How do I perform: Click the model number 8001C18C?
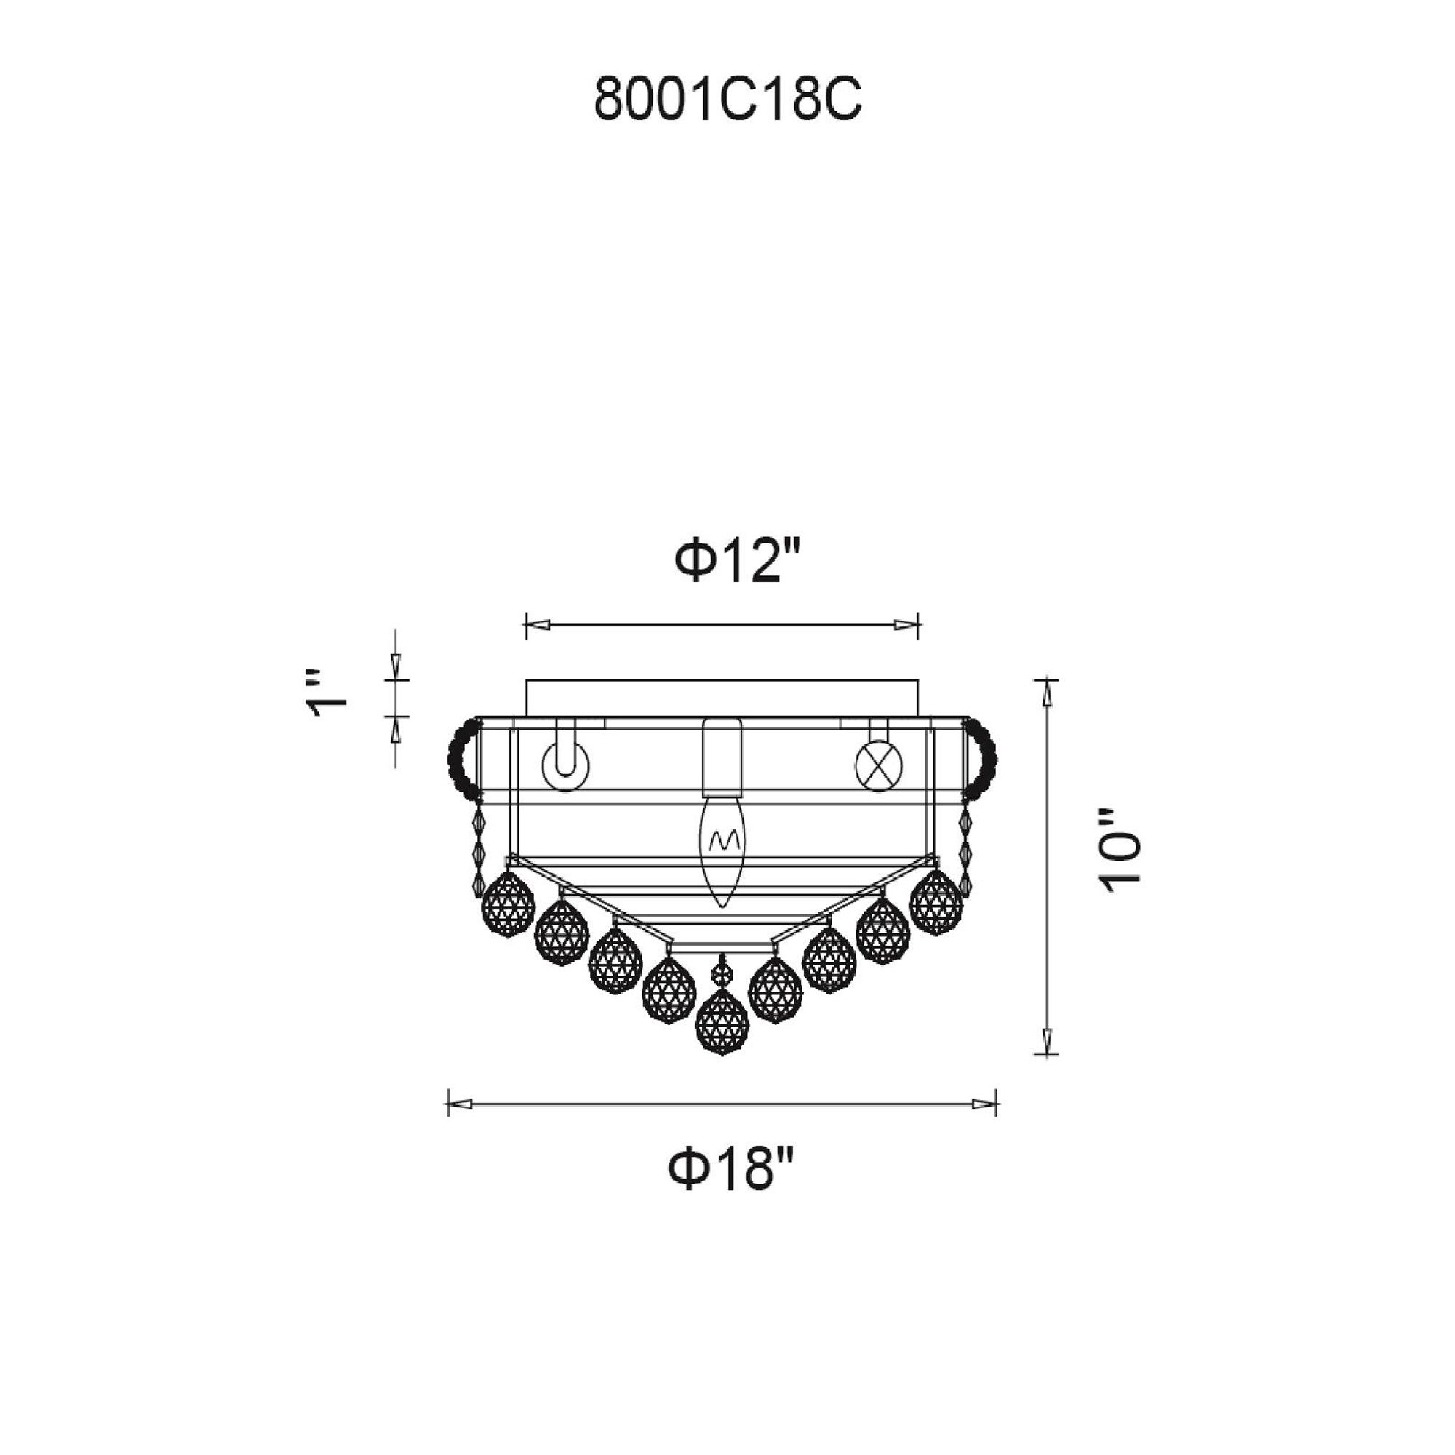(x=727, y=101)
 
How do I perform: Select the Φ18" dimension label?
(x=731, y=1168)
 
